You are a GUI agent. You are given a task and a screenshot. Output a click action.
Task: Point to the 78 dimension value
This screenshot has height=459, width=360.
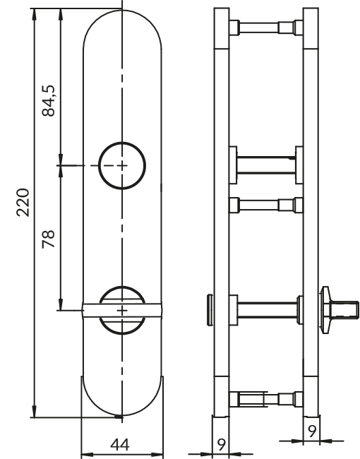point(49,237)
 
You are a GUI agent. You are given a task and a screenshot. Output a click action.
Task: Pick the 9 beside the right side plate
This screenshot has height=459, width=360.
point(311,427)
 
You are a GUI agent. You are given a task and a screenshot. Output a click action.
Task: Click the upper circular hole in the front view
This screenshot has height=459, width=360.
point(123,165)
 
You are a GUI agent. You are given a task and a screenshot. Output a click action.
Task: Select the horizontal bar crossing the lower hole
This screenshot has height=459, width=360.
point(123,309)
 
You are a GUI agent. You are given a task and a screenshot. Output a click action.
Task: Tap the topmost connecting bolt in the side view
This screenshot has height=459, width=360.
point(265,29)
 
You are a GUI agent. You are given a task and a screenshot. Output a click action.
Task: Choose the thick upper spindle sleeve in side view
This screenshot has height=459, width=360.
point(265,164)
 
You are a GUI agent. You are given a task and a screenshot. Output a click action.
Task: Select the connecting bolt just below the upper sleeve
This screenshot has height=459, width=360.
point(265,205)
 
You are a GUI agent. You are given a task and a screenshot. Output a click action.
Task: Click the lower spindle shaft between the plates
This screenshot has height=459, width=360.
point(268,309)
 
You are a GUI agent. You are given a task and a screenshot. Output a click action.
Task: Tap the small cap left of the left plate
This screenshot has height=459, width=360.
point(208,309)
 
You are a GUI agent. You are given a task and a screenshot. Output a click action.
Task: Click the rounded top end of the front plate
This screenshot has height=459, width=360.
point(123,28)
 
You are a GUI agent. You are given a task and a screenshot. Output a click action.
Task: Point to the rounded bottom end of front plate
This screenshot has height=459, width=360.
point(123,403)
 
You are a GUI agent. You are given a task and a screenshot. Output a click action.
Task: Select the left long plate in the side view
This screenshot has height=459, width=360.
point(221,212)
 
